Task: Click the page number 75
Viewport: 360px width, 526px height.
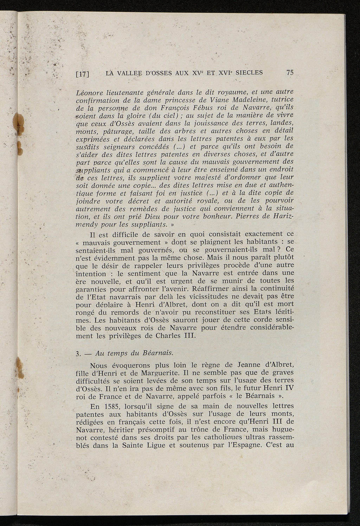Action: point(290,73)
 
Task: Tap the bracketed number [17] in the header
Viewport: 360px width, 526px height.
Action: point(83,74)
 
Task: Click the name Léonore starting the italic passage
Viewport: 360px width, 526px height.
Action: point(89,93)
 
